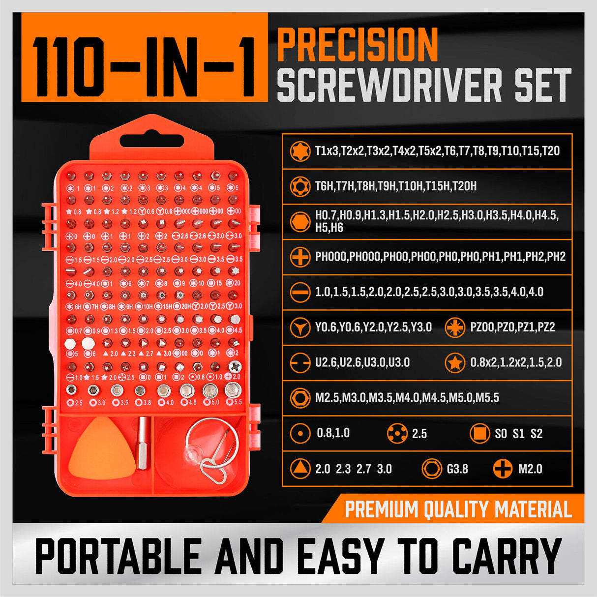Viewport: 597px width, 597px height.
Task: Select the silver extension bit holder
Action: click(x=144, y=443)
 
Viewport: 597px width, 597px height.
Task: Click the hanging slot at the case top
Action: click(x=152, y=141)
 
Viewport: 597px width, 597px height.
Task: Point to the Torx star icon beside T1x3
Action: click(x=299, y=151)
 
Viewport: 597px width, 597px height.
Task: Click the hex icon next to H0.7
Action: click(x=299, y=222)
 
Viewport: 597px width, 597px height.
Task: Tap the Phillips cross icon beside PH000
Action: click(x=299, y=257)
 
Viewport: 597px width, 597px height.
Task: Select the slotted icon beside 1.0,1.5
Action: click(x=299, y=292)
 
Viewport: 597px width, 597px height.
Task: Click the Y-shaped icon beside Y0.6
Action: click(x=299, y=328)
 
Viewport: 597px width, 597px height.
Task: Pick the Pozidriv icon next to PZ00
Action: click(x=455, y=328)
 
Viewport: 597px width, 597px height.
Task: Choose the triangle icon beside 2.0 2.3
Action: click(x=299, y=469)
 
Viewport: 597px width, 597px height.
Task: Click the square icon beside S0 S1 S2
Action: click(x=479, y=434)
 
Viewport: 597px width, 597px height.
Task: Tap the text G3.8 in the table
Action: click(x=457, y=469)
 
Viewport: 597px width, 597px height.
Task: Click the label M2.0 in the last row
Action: click(x=530, y=469)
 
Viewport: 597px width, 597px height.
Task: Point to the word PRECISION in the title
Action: click(x=358, y=45)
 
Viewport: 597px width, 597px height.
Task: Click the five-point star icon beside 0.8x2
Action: click(x=455, y=363)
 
